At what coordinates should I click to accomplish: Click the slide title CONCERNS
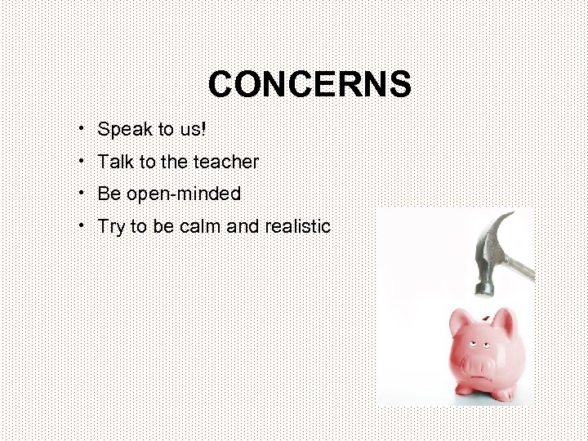pyautogui.click(x=310, y=84)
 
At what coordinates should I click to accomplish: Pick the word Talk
pyautogui.click(x=114, y=162)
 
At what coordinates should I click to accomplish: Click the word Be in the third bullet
pyautogui.click(x=108, y=194)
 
